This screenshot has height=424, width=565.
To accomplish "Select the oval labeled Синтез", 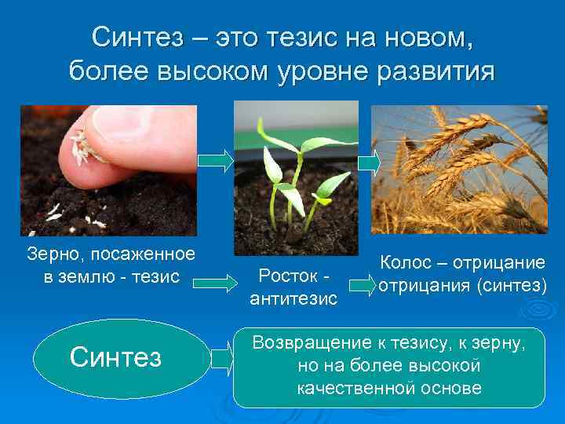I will point(115,357).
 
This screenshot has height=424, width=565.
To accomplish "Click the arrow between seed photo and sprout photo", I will point(215,160).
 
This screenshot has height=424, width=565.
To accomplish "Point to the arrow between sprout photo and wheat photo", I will point(369,163).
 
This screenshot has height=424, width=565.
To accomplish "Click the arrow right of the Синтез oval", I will point(222,359).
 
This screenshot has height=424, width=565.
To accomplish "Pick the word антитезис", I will point(293,298).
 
